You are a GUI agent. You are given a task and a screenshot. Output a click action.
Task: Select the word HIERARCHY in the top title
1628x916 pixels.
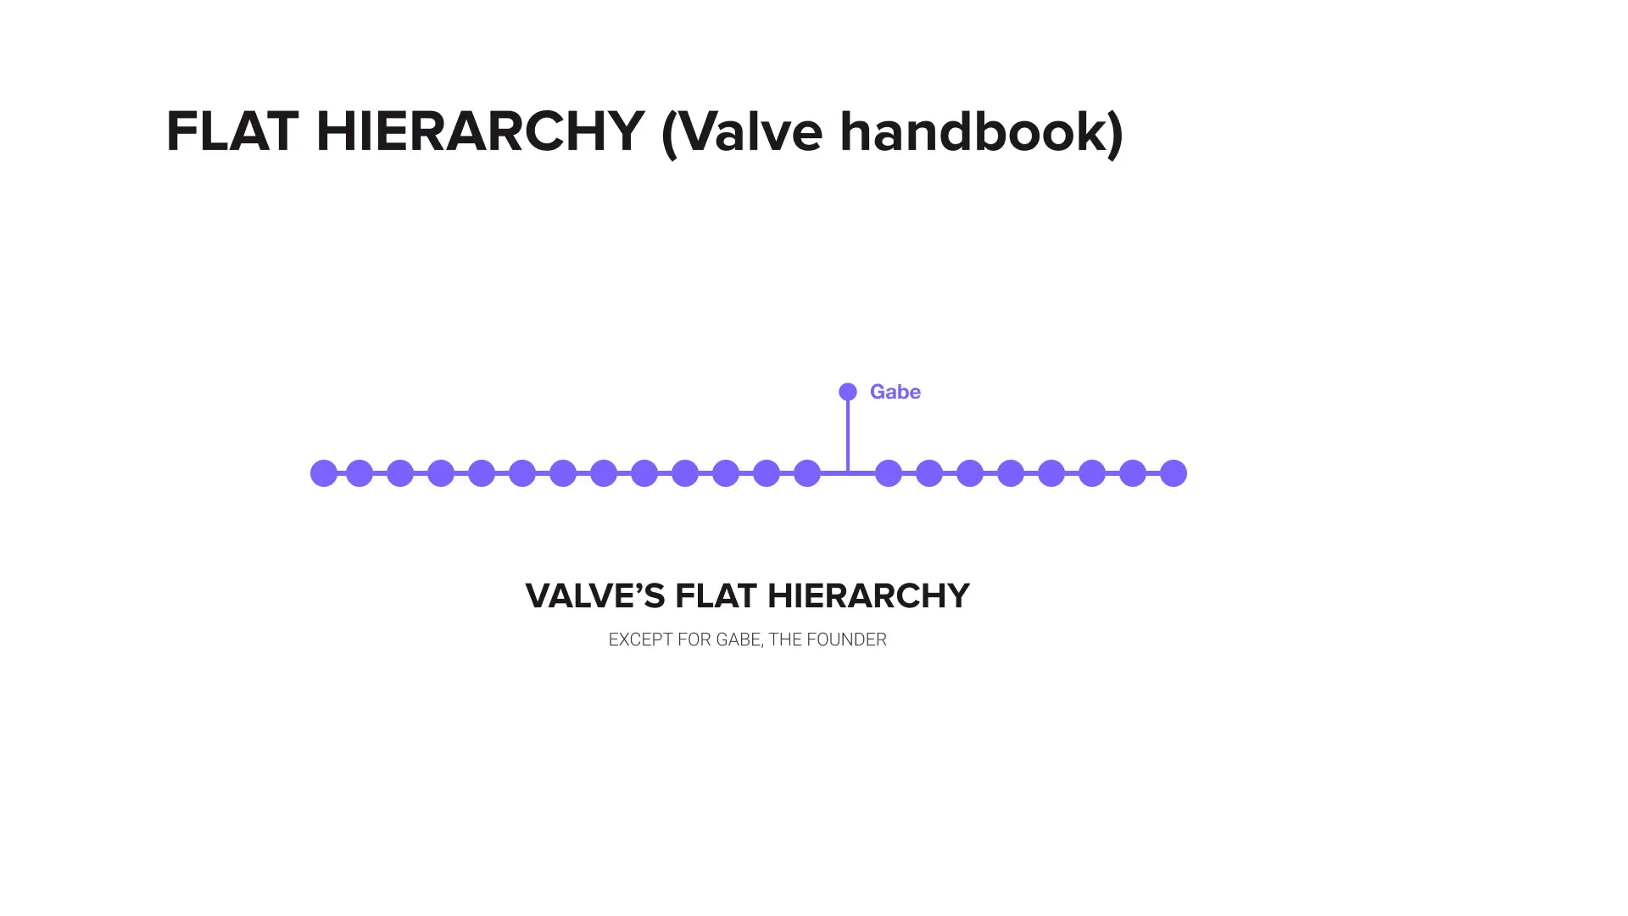480,132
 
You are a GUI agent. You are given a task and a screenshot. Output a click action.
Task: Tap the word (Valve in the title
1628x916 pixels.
741,132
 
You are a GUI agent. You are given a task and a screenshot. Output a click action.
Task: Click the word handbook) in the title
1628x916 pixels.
981,132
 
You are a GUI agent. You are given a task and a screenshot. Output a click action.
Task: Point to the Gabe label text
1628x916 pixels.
895,392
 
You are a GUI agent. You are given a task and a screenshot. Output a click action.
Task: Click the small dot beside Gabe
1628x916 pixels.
848,392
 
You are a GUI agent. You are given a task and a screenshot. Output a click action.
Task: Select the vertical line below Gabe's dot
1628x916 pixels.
848,434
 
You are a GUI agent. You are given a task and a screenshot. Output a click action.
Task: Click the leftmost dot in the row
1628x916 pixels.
324,473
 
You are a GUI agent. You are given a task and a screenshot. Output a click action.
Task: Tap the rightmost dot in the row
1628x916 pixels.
1174,473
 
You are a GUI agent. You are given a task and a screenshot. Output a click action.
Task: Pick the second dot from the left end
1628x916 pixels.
360,473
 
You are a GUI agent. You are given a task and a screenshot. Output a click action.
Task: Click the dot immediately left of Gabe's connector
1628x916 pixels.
807,473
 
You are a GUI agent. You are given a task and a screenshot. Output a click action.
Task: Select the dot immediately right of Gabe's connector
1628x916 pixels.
889,473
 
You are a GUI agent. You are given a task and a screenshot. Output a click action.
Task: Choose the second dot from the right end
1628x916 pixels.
1133,473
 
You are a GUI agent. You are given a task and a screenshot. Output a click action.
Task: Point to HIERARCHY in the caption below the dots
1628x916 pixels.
868,596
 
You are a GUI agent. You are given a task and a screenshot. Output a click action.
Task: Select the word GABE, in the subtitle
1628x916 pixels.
739,640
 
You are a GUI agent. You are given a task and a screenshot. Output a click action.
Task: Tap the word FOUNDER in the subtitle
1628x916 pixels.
846,640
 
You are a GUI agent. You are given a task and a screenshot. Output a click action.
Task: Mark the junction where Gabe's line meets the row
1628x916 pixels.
848,472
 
